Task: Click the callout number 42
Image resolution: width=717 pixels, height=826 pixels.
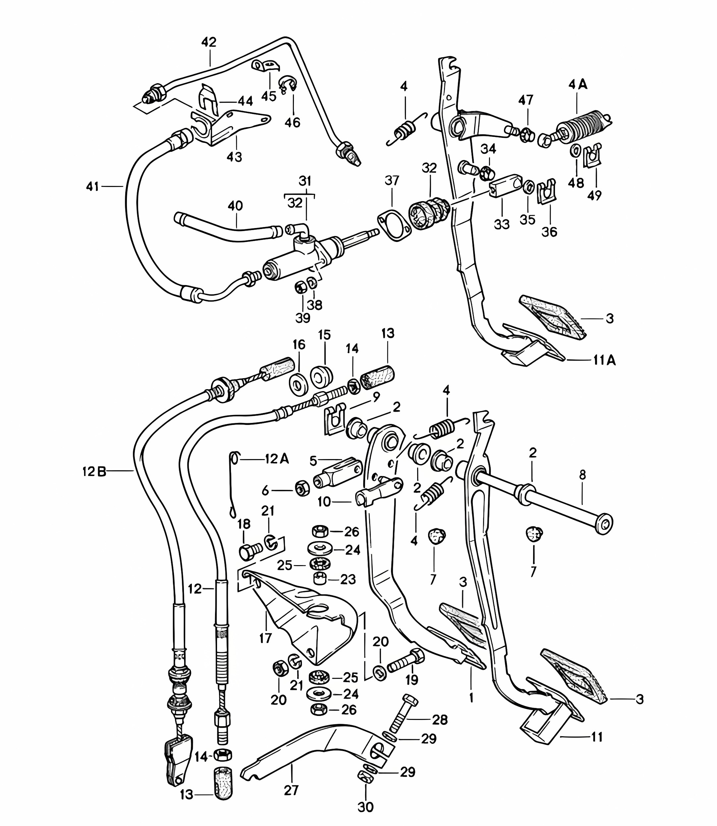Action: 209,42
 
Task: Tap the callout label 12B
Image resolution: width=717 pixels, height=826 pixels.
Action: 94,472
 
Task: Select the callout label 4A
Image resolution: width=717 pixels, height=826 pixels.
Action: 578,85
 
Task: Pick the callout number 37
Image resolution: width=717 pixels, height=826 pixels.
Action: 392,181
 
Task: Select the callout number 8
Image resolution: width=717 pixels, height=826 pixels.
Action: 582,475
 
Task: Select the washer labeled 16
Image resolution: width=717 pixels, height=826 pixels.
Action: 299,384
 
